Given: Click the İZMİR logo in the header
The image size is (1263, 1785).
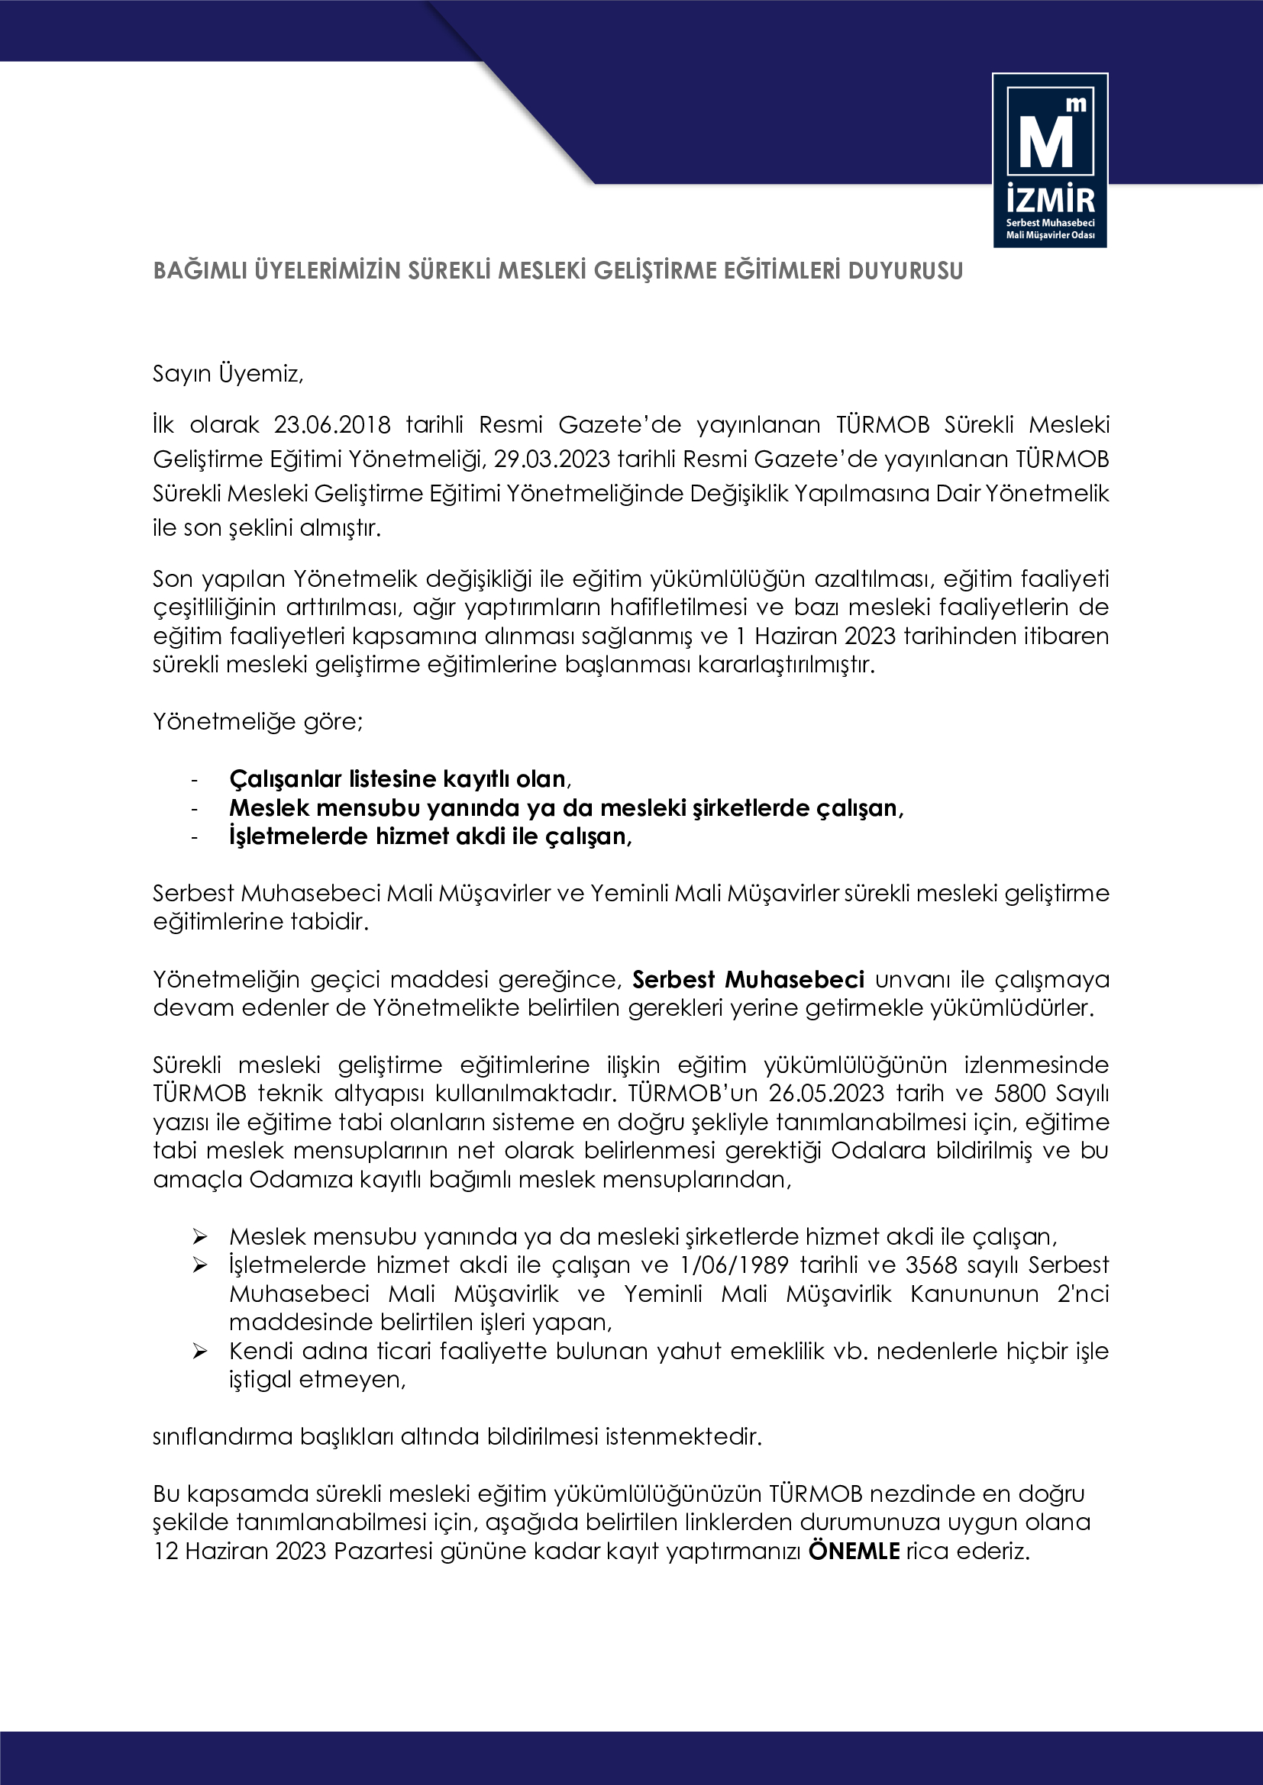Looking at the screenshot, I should pyautogui.click(x=1050, y=160).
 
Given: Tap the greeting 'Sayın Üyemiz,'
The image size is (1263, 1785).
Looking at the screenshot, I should pyautogui.click(x=228, y=374).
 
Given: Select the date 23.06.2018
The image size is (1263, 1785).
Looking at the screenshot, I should pyautogui.click(x=331, y=424).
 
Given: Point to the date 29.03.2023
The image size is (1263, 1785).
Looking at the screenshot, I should pyautogui.click(x=551, y=459).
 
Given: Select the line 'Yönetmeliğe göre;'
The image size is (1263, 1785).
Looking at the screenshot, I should pyautogui.click(x=257, y=721).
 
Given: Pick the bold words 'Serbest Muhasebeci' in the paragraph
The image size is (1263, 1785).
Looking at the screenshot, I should pyautogui.click(x=748, y=979).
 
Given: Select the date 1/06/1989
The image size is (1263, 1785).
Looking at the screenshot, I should pyautogui.click(x=734, y=1265).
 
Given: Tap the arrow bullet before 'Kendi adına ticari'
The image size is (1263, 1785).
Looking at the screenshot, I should pyautogui.click(x=200, y=1352).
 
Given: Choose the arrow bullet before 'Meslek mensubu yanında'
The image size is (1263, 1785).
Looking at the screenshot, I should pyautogui.click(x=200, y=1237).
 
